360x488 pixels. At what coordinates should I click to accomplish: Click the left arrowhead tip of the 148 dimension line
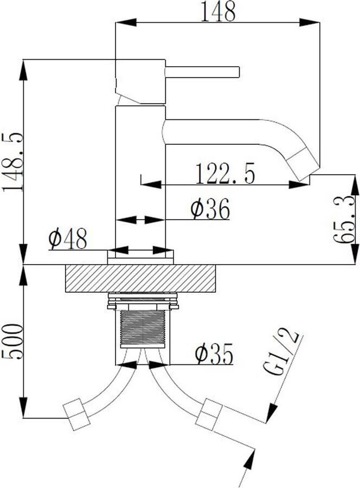(x=115, y=22)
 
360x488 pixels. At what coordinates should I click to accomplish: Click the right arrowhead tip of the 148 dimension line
(x=319, y=22)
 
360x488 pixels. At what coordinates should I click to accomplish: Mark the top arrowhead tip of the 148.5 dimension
(x=24, y=60)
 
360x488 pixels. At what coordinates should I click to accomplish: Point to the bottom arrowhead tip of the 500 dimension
(x=24, y=418)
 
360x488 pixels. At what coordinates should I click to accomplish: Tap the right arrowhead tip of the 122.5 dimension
(x=309, y=184)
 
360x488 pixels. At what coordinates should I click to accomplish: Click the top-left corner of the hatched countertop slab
(x=66, y=265)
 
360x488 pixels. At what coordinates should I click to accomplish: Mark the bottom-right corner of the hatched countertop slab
(x=216, y=292)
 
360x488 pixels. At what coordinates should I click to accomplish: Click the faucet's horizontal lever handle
(x=202, y=72)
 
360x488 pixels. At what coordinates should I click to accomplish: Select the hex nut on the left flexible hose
(x=76, y=415)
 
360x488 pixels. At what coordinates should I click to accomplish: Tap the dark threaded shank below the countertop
(x=142, y=328)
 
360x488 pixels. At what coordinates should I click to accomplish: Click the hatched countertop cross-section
(x=140, y=279)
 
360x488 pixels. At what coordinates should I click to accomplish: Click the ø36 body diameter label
(x=210, y=208)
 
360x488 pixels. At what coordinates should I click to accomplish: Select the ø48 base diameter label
(x=68, y=239)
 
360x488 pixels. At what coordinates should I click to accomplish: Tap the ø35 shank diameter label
(x=214, y=354)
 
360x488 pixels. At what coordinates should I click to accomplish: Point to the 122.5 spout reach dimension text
(x=225, y=173)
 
